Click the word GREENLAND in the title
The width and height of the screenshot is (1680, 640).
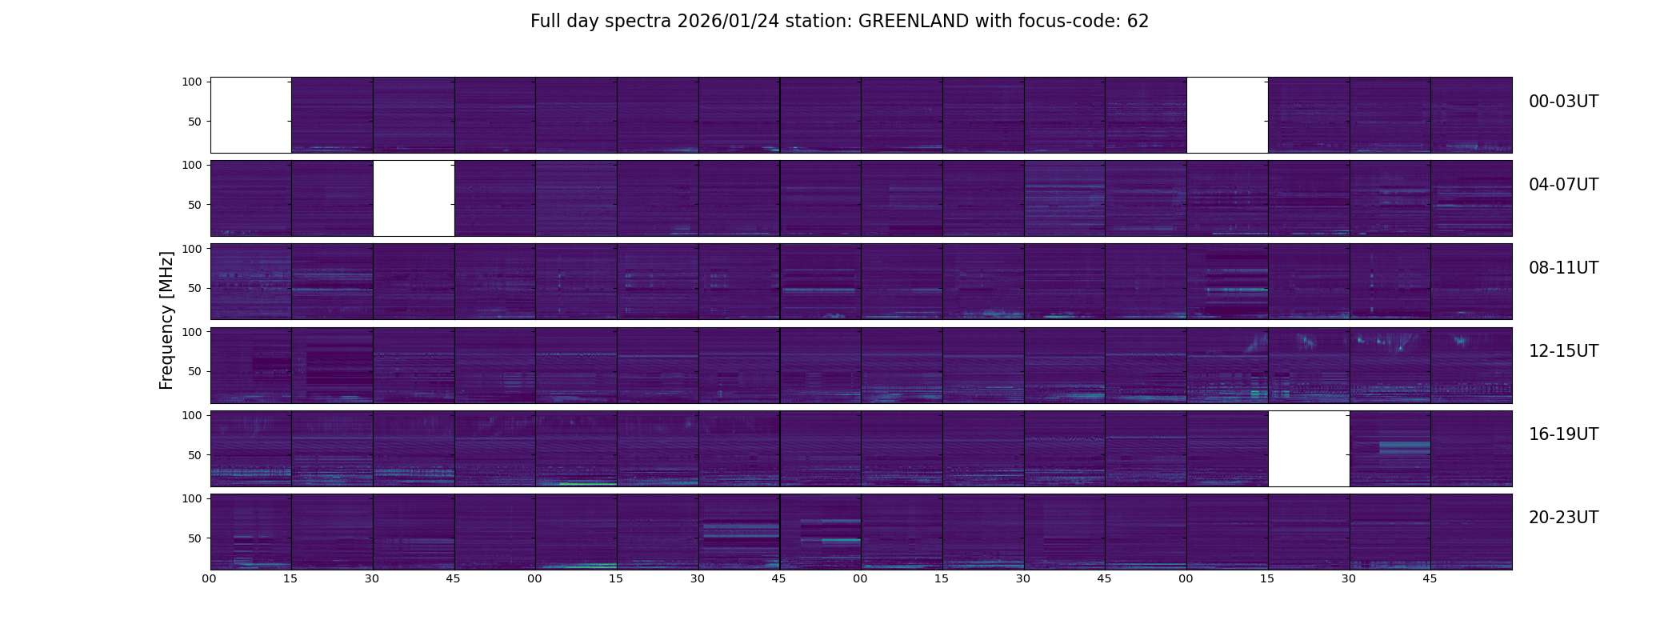[x=913, y=22]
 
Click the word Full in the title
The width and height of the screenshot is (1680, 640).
[x=546, y=22]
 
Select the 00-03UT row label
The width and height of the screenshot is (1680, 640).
[x=1563, y=102]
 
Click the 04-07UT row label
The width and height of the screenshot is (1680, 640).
[x=1563, y=185]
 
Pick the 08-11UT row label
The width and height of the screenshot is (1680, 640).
[x=1563, y=268]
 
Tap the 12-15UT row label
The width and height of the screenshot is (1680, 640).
[x=1563, y=351]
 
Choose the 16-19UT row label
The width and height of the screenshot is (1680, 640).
[x=1563, y=434]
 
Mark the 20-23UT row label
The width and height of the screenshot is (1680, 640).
[x=1563, y=518]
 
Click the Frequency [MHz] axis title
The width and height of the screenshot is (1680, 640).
[x=166, y=320]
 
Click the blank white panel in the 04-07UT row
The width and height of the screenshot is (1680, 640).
[x=414, y=198]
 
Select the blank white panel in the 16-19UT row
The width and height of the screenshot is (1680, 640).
[x=1309, y=449]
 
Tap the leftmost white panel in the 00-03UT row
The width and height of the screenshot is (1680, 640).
[x=250, y=115]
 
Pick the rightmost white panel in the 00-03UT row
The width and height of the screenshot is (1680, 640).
[x=1227, y=115]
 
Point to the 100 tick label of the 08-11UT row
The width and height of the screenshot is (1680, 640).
[x=192, y=249]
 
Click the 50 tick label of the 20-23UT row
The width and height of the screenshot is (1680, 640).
[x=195, y=538]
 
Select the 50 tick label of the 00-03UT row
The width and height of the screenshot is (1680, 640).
[x=195, y=122]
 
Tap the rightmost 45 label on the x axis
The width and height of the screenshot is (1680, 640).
[x=1430, y=578]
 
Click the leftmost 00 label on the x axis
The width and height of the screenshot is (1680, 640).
[x=209, y=578]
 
